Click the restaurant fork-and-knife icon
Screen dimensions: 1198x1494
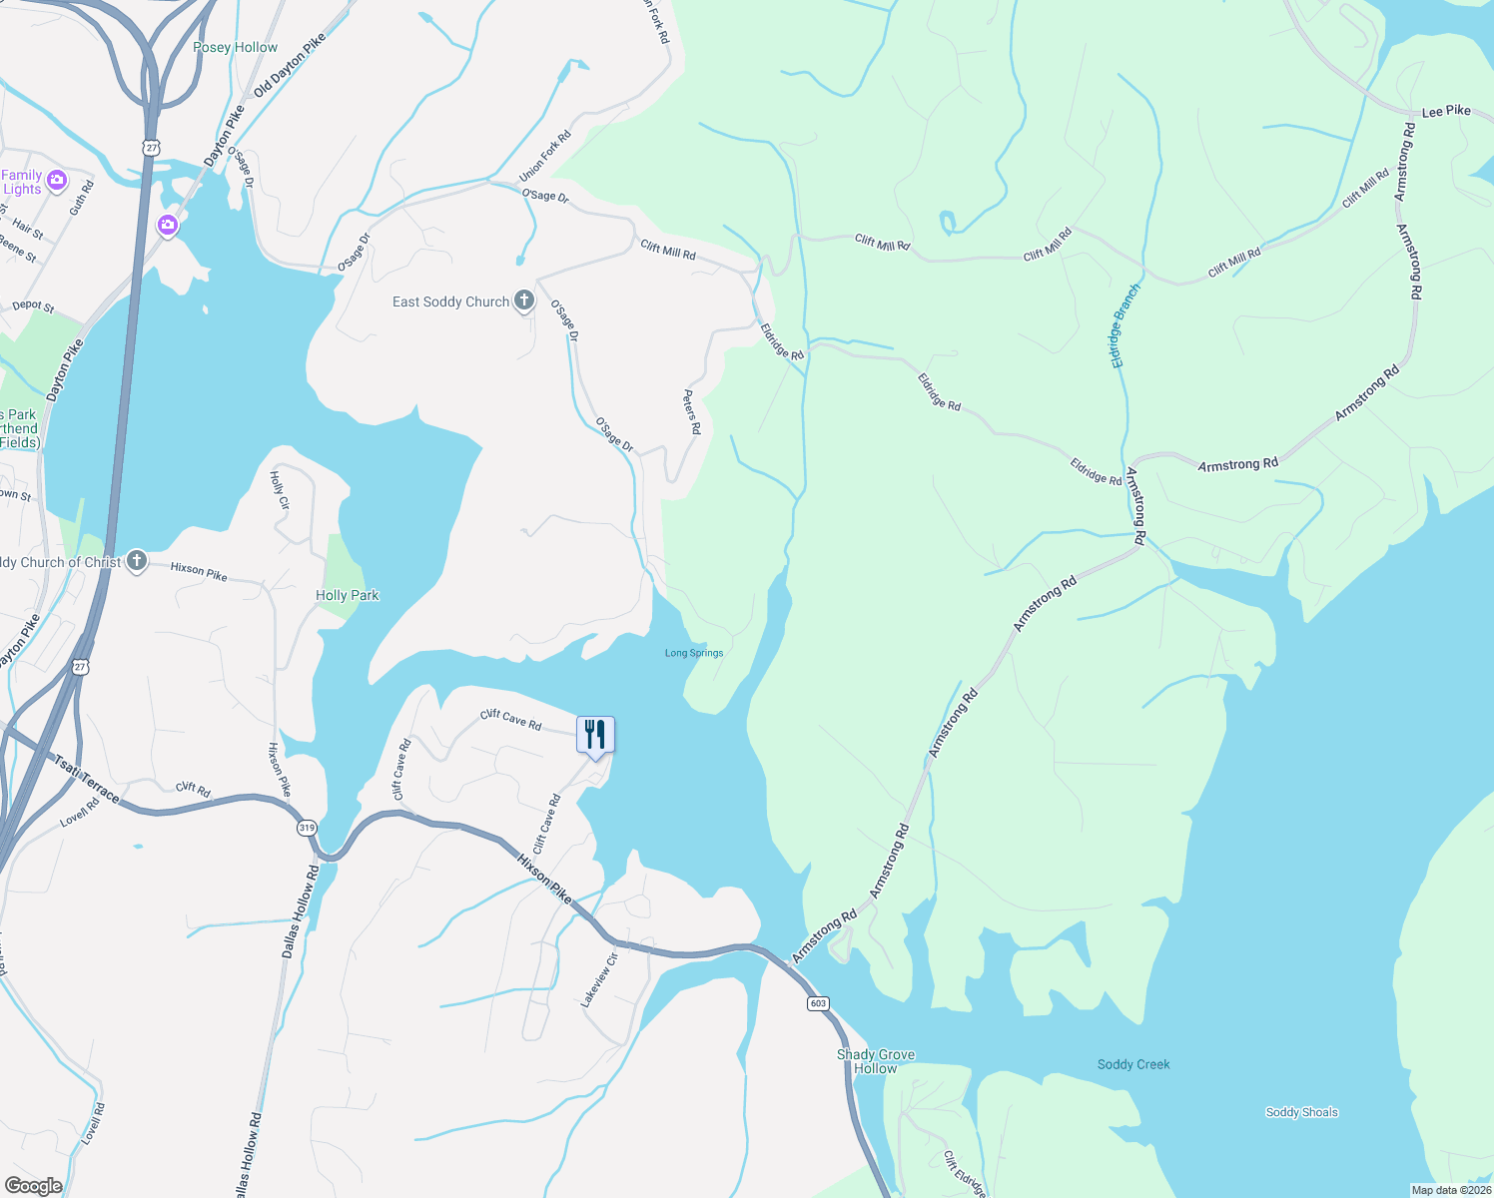[595, 736]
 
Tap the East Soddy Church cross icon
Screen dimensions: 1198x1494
[524, 300]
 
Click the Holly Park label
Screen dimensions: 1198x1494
[347, 595]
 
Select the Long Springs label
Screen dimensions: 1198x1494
[694, 653]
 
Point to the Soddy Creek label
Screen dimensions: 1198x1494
[1133, 1064]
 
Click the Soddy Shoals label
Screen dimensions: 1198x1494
[1301, 1112]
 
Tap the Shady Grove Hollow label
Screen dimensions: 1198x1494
[876, 1061]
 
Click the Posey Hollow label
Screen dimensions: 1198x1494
[235, 47]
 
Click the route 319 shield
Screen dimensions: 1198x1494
[307, 828]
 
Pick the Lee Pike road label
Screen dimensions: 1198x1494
[1446, 111]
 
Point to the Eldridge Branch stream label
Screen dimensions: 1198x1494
[1125, 326]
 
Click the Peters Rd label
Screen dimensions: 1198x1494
[692, 412]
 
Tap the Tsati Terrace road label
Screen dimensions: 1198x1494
[87, 779]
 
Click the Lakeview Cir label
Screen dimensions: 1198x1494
[600, 979]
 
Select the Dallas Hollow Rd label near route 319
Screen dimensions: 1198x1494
[300, 912]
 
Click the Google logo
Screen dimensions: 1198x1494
[33, 1186]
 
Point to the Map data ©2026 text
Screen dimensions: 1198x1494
[1449, 1190]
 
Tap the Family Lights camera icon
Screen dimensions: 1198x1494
[57, 180]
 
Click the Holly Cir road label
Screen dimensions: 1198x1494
[280, 490]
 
